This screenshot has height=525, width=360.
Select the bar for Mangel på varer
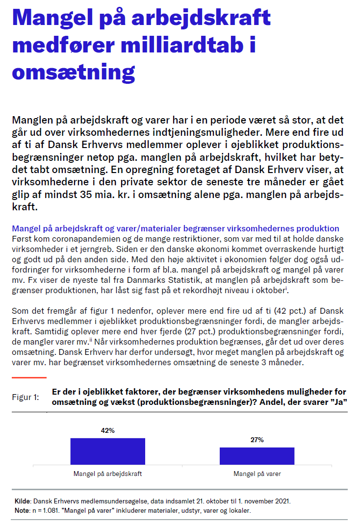(257, 456)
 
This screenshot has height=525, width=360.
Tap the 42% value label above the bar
(108, 430)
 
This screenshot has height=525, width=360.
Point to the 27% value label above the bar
(257, 440)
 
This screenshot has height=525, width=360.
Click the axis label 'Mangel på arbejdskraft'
(108, 474)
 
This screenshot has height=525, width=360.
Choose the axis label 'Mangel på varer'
(257, 474)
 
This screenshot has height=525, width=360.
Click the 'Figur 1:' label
(26, 397)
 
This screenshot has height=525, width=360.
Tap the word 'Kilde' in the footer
(23, 501)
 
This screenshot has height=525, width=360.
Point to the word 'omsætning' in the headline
(74, 72)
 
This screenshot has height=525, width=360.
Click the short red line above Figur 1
(29, 377)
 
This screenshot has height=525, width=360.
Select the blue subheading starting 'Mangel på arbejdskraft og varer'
(175, 229)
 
